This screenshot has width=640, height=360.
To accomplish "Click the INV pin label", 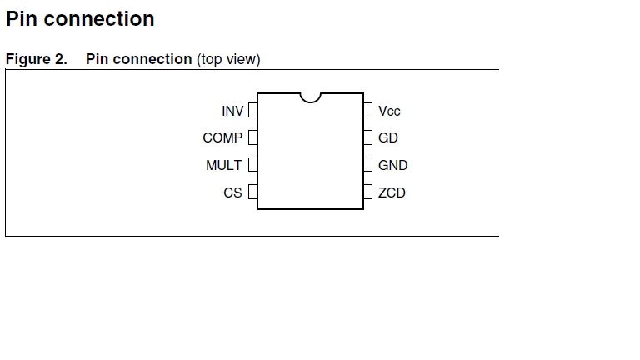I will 232,111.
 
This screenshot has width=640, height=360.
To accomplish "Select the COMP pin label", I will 222,137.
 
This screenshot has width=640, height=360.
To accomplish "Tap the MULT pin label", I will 223,165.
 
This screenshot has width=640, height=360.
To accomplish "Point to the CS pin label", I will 232,192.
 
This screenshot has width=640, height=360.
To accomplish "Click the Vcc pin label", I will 389,111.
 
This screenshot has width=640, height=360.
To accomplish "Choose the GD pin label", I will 387,137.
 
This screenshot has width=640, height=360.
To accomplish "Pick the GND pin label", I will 392,165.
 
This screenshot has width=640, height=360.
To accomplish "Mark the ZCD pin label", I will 392,192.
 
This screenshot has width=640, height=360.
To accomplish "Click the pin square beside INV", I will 252,110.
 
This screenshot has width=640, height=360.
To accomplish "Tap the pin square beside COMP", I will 252,137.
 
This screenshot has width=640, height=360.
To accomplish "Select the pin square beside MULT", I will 252,165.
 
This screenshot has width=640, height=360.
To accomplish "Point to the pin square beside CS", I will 252,192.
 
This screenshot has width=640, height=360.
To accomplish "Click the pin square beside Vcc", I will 367,110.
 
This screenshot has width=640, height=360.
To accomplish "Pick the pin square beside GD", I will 367,137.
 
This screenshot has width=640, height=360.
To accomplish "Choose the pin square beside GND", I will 367,165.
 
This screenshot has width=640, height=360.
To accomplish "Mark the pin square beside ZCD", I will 367,192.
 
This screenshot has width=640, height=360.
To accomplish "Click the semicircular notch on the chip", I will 310,97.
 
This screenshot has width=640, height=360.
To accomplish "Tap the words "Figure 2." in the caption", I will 36,59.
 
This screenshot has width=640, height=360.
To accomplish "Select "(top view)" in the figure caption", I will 228,59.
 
